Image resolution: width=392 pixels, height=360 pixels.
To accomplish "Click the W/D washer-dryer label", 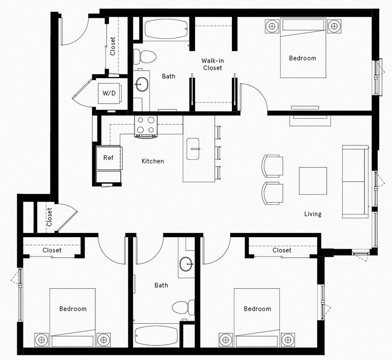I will [109, 93].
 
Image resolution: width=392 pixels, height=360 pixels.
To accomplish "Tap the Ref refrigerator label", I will [108, 158].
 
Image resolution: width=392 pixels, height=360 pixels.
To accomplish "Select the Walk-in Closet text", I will [213, 64].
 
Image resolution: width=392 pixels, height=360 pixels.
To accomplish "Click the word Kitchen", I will [152, 161].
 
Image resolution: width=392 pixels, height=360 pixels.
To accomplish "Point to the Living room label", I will [313, 214].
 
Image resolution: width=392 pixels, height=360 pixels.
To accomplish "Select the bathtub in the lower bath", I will [156, 336].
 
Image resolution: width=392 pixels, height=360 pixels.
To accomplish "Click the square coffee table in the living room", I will [313, 180].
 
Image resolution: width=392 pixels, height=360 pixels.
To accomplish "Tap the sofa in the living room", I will [355, 181].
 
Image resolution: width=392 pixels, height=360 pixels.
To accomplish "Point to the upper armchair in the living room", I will [273, 165].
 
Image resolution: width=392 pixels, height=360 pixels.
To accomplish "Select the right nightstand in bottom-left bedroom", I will [104, 340].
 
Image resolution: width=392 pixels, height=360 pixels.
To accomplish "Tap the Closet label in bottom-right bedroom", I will [282, 250].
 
